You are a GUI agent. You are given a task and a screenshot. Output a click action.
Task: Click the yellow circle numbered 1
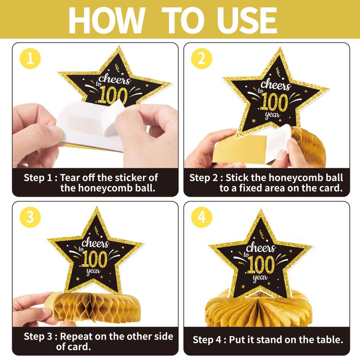coord(30,58)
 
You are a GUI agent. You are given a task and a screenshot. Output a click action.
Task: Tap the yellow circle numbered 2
coord(202,58)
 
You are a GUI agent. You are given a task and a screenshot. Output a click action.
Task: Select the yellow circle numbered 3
coord(30,217)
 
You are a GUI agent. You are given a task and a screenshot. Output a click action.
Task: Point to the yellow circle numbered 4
coord(202,217)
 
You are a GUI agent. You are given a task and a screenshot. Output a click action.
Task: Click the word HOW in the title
coord(107,20)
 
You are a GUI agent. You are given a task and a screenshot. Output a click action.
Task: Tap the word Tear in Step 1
coord(70,178)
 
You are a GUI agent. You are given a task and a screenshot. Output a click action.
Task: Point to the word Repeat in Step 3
coord(76,336)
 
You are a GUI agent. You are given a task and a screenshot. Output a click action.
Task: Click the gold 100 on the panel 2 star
coord(274,102)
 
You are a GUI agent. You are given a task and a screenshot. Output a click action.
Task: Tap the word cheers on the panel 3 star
coord(95,243)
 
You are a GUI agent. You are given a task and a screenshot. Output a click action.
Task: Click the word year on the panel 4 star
coord(260,278)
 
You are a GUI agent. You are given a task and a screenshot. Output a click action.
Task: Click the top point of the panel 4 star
coord(261,210)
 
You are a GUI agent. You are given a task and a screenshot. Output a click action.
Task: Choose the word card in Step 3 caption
coord(81,346)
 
